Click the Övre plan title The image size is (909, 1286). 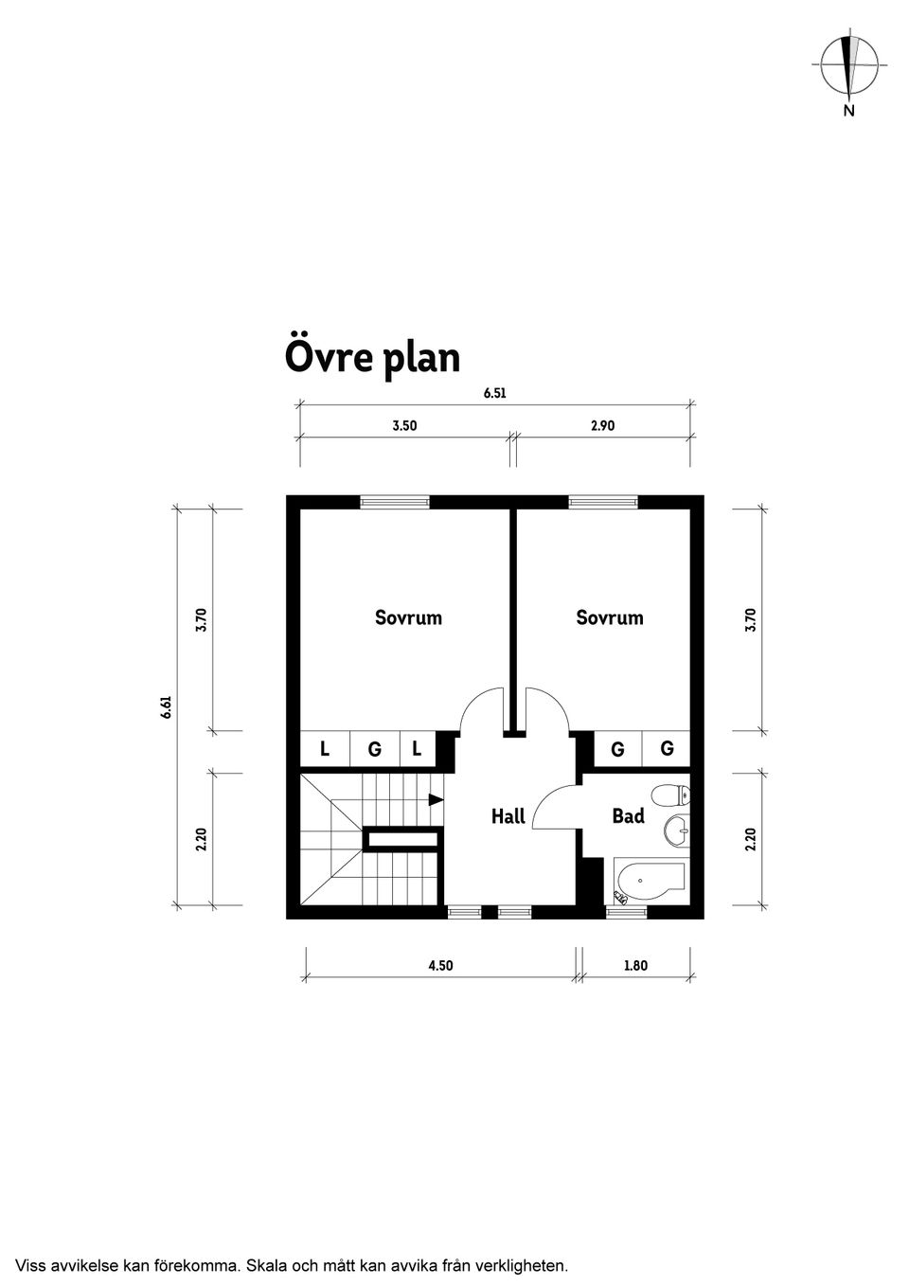pos(372,358)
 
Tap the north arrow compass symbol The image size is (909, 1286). pos(848,66)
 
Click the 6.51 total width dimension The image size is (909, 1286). pos(494,393)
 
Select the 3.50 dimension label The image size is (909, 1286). pos(404,426)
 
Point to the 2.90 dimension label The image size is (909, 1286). pos(602,426)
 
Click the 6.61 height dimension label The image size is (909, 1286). pos(166,707)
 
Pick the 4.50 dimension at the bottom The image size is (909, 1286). pos(440,966)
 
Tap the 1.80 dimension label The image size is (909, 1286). pos(635,966)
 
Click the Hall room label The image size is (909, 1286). pos(508,816)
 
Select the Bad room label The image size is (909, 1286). pos(628,815)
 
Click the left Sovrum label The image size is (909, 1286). pos(408,617)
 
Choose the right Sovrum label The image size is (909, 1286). pos(610,617)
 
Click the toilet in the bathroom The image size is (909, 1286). pos(673,795)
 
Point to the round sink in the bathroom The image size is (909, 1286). pos(677,831)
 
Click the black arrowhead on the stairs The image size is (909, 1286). pos(436,799)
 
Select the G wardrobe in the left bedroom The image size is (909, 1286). pos(374,749)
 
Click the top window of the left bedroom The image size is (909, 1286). pos(395,502)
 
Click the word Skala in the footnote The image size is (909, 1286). pos(266,1264)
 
